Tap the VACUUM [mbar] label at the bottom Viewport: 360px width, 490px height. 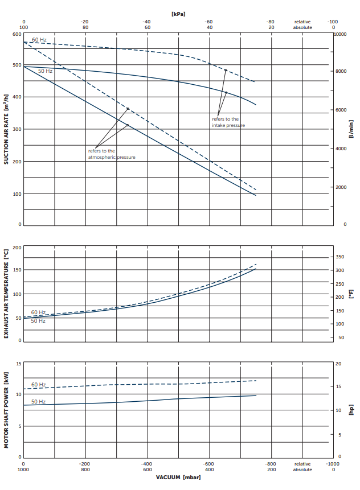(x=178, y=477)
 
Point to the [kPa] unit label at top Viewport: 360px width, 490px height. (x=178, y=13)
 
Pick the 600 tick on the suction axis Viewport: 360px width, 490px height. (x=17, y=34)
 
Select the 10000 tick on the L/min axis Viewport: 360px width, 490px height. (x=340, y=34)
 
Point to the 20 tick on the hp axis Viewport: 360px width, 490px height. (x=338, y=363)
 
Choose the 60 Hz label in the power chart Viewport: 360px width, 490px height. (x=38, y=385)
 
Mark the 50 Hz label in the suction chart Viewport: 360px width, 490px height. (x=45, y=71)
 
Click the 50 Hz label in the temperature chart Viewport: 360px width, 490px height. (x=38, y=320)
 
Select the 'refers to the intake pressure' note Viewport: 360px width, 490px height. (x=228, y=122)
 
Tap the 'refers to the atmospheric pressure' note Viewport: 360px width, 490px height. (x=112, y=154)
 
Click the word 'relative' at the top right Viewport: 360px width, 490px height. (x=302, y=22)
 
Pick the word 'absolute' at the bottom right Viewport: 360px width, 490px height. (x=302, y=470)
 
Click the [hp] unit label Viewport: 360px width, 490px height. (x=351, y=410)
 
